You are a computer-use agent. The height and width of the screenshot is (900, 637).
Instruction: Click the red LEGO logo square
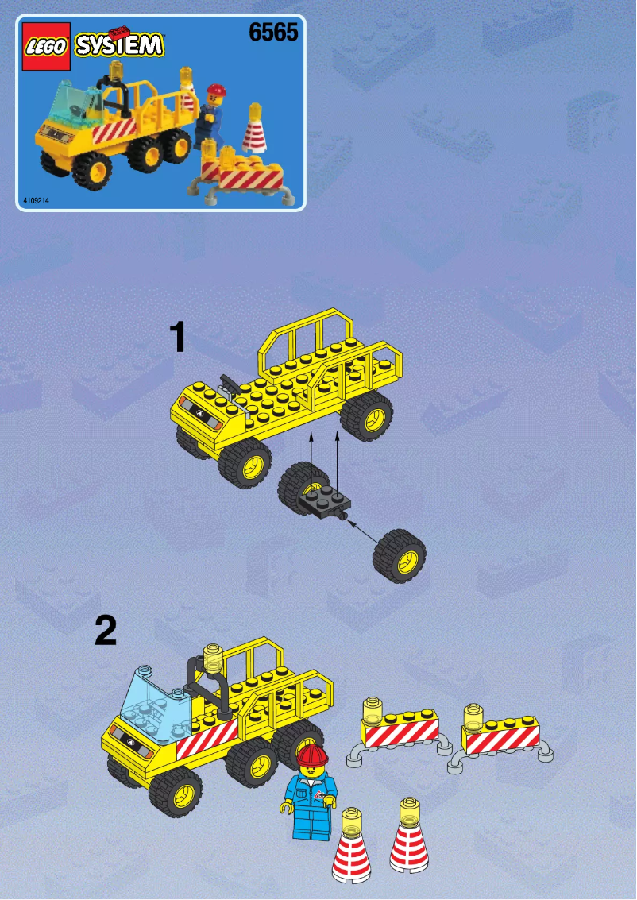[x=45, y=48]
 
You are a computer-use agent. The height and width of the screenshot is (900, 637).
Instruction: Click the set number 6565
[x=272, y=33]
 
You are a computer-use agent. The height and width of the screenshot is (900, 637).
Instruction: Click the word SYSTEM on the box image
[x=118, y=44]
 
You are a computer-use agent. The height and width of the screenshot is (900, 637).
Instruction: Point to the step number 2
[x=105, y=632]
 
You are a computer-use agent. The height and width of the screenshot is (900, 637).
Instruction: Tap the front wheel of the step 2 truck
[x=176, y=790]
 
